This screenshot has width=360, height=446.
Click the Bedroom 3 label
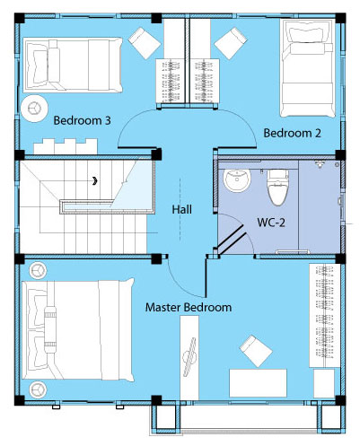coord(82,120)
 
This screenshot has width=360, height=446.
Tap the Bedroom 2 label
coord(292,133)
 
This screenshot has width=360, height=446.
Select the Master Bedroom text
coord(189,307)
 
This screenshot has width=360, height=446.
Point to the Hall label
coord(182,209)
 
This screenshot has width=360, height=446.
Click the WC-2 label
coord(271,223)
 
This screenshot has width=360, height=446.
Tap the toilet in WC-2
coord(277,188)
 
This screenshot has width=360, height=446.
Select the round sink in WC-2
coord(237,180)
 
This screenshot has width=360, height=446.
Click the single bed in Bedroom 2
coord(307,68)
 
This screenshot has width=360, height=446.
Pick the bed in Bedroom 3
coord(73,65)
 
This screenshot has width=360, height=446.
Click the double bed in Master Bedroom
coord(78,330)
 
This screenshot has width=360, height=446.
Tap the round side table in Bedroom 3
coord(34,109)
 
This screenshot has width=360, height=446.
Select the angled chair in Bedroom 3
coord(145,43)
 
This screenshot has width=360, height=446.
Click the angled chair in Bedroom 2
coord(231,43)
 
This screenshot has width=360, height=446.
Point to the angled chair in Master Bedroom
coord(256,351)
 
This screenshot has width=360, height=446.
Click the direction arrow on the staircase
coord(95,180)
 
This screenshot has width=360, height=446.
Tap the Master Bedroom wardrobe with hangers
coord(325,316)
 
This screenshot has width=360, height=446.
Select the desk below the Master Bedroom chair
coord(258,383)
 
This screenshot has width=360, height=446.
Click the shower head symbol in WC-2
coord(320,164)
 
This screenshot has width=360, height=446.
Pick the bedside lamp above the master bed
coord(38,270)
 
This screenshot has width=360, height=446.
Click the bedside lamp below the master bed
coord(38,389)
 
